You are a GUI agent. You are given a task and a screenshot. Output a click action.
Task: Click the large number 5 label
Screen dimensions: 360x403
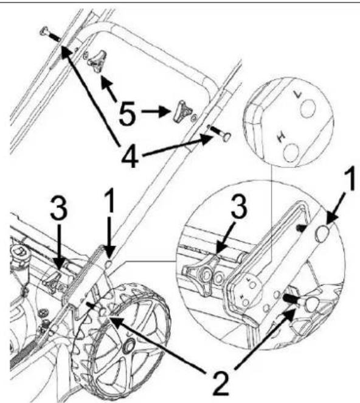click(x=127, y=113)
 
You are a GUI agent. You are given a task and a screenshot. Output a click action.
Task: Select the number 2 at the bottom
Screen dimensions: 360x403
click(x=220, y=383)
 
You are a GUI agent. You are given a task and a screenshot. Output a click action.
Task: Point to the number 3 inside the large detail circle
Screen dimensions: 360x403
click(x=238, y=207)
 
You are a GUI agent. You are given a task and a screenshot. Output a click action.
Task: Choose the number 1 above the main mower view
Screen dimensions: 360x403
click(x=110, y=201)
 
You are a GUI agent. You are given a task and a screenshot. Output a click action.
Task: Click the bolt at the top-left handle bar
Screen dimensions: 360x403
click(x=50, y=35)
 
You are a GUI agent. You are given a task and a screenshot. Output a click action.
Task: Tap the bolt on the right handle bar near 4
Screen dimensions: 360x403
click(x=220, y=132)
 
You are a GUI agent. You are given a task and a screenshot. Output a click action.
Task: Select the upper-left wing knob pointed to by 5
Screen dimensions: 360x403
click(x=97, y=61)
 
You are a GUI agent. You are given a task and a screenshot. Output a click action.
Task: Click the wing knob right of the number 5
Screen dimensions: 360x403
click(x=183, y=111)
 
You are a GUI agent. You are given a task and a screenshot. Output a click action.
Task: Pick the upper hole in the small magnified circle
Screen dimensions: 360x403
click(x=308, y=108)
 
